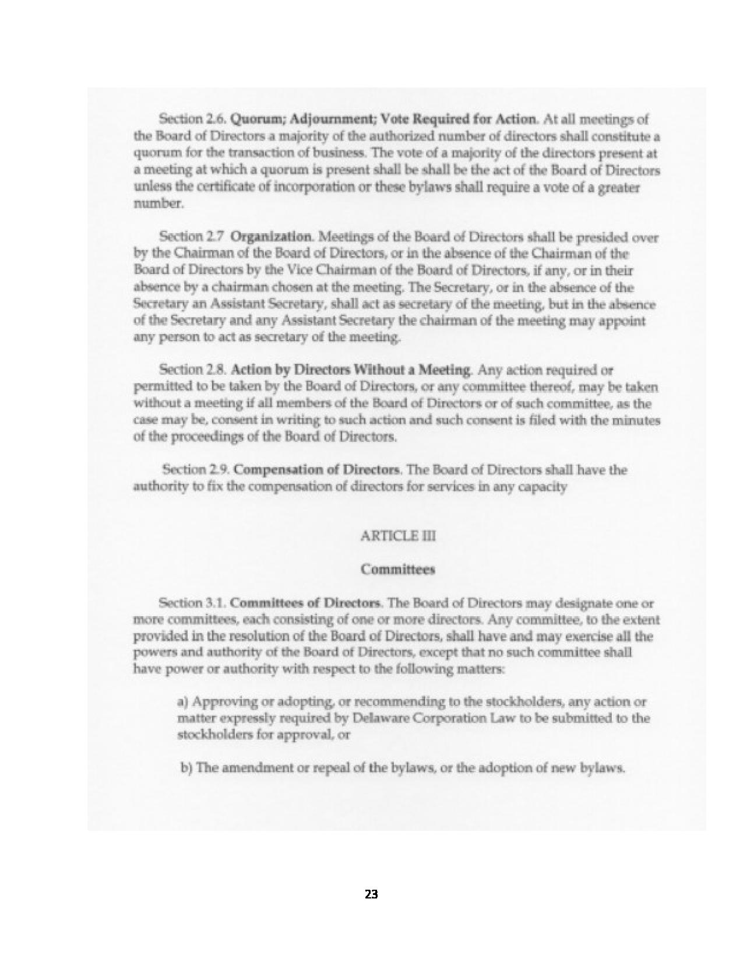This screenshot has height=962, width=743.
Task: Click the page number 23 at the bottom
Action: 371,894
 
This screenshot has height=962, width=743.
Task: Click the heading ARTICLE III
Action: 398,536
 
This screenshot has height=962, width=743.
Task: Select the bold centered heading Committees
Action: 398,570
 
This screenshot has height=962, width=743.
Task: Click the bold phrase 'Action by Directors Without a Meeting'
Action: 351,370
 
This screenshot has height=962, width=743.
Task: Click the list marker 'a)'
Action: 182,701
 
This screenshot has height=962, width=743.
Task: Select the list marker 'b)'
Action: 186,768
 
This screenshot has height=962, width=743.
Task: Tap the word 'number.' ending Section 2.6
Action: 152,204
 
